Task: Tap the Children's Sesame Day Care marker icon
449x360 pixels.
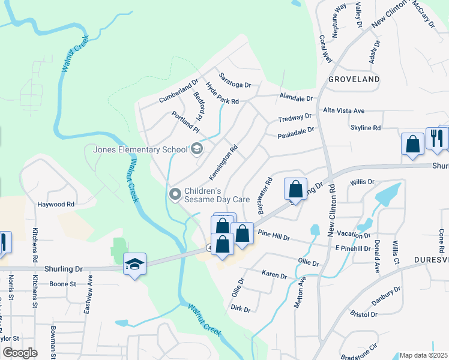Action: (x=175, y=193)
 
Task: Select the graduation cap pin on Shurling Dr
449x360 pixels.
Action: (x=134, y=264)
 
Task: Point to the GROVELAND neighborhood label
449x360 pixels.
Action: (x=354, y=79)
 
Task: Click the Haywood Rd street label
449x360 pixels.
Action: (x=56, y=204)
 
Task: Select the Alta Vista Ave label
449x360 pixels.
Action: (x=344, y=111)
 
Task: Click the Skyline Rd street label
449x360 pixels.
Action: (x=366, y=128)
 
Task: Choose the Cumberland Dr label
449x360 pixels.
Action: (x=178, y=92)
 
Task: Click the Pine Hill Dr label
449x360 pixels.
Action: (x=274, y=235)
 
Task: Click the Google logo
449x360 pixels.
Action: (x=20, y=353)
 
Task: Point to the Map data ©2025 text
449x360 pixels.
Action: (x=423, y=355)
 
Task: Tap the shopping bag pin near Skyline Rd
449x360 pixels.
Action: (x=412, y=145)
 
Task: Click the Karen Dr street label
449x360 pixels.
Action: (x=275, y=274)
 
